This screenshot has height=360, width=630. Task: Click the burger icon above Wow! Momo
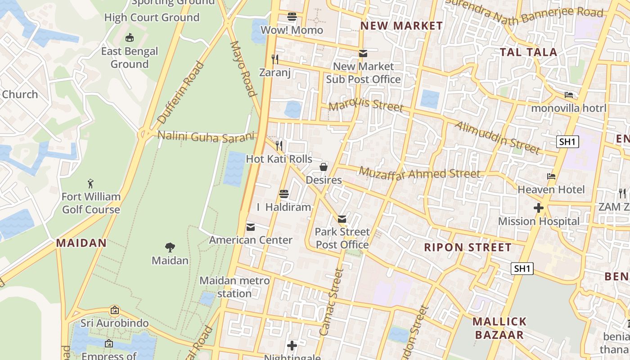coord(292,17)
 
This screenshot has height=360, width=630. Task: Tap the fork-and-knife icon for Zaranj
coord(275,59)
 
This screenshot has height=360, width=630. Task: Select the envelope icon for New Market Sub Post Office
coord(363,54)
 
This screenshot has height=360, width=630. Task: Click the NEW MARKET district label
coord(401,26)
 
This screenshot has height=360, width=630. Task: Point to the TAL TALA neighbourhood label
coord(528,52)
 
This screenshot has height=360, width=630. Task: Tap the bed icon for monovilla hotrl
coord(569,95)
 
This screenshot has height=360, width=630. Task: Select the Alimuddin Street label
coord(497,137)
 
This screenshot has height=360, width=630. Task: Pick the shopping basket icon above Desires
coord(324,167)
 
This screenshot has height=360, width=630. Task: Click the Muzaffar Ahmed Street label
coord(419,173)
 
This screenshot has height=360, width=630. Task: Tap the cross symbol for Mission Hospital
coord(538,208)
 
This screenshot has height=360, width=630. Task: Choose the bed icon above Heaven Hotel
coord(551,176)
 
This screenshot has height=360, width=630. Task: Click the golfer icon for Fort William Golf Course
coord(91,183)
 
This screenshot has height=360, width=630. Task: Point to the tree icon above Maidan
coord(170,247)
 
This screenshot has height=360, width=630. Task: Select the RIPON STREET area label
coord(468,247)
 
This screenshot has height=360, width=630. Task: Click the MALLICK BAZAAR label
coord(499,328)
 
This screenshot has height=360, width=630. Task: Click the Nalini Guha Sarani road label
coord(206,136)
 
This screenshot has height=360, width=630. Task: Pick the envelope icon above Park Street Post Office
coord(342,219)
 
